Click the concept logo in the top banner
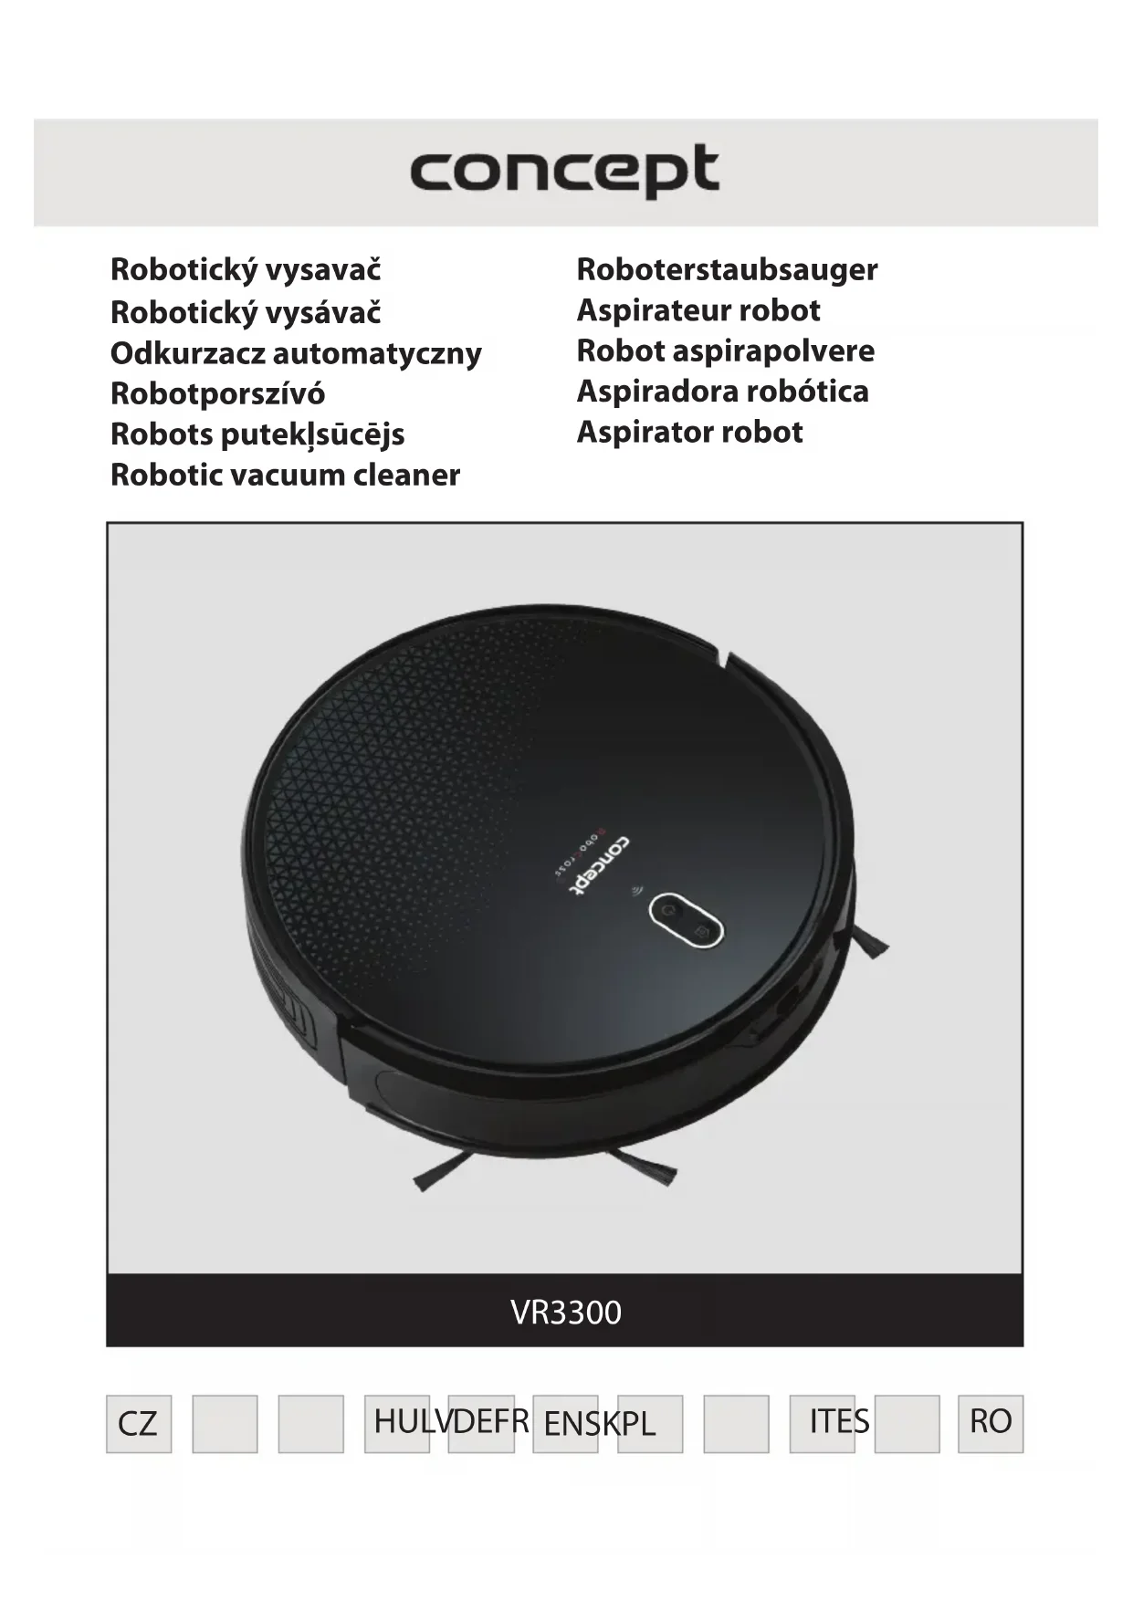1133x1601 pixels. pyautogui.click(x=564, y=171)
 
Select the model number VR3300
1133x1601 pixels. pyautogui.click(x=566, y=1312)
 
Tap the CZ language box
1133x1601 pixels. pyautogui.click(x=138, y=1423)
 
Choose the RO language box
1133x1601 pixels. pyautogui.click(x=991, y=1421)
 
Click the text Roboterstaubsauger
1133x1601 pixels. pyautogui.click(x=727, y=269)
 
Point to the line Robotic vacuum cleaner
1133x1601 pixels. pyautogui.click(x=285, y=475)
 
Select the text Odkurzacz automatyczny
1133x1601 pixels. pyautogui.click(x=296, y=352)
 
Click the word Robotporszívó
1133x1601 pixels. pyautogui.click(x=217, y=393)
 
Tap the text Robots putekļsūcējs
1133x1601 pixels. pyautogui.click(x=257, y=434)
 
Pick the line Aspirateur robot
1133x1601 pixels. pyautogui.click(x=698, y=310)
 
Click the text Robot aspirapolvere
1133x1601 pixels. pyautogui.click(x=726, y=351)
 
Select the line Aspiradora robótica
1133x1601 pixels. pyautogui.click(x=722, y=391)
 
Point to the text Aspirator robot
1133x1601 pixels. pyautogui.click(x=689, y=432)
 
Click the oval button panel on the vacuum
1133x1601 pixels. pyautogui.click(x=687, y=919)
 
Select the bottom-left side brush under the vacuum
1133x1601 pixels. pyautogui.click(x=445, y=1170)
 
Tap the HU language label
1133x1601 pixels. pyautogui.click(x=393, y=1421)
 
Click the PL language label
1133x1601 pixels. pyautogui.click(x=637, y=1423)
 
